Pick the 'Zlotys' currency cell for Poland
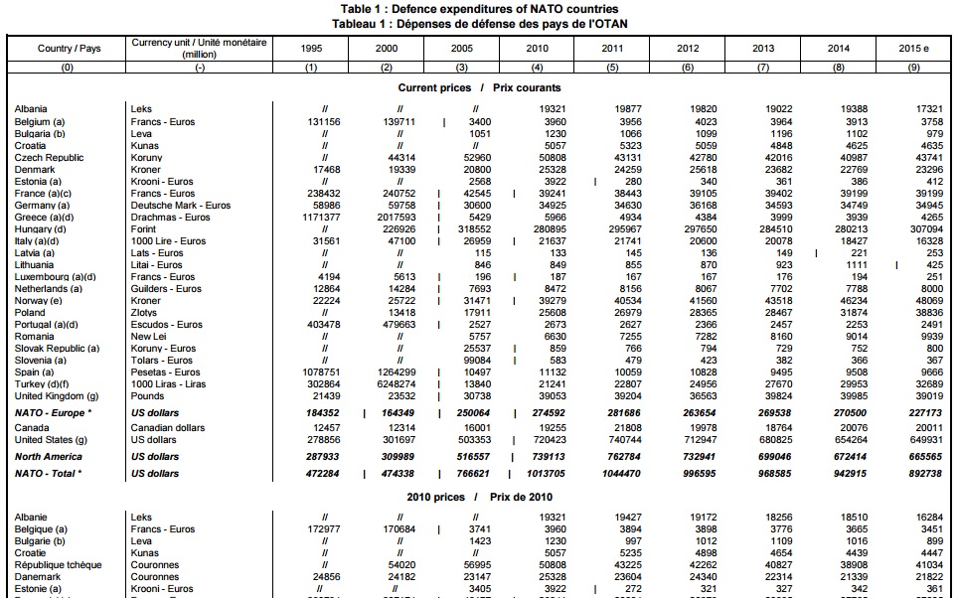point(144,312)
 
